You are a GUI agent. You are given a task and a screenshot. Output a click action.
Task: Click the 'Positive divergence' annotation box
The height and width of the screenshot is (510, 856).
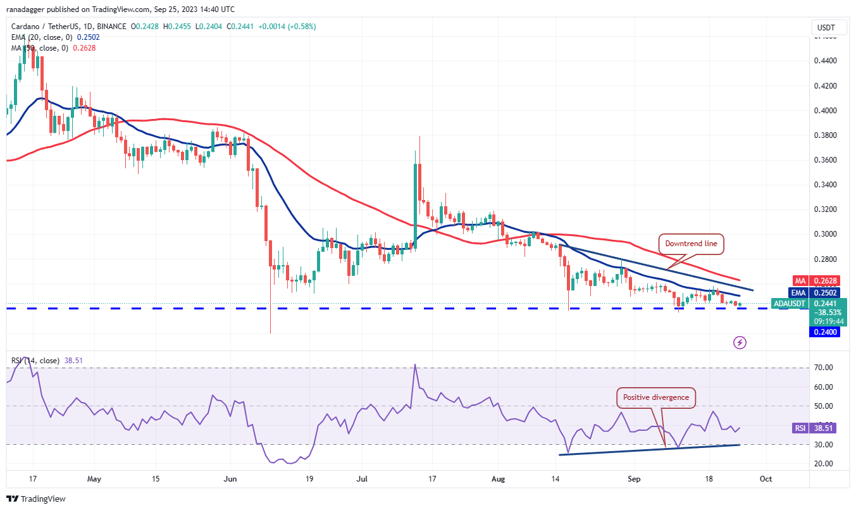tap(657, 397)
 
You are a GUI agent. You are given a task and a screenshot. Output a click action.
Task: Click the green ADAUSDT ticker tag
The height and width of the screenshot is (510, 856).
tap(790, 304)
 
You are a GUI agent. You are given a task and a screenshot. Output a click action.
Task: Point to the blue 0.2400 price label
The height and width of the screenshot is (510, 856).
tap(826, 332)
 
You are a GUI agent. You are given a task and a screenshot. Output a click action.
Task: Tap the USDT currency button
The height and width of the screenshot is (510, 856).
tap(826, 28)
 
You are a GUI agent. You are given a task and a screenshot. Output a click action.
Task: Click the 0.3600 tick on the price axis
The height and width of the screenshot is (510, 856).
tap(825, 159)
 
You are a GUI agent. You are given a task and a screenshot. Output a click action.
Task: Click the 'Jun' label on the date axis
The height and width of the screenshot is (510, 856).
tap(230, 479)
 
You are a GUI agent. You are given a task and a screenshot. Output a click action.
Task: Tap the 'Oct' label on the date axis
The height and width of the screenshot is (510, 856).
tap(765, 479)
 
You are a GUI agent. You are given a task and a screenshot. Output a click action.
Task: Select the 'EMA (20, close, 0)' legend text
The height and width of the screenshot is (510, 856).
tap(44, 37)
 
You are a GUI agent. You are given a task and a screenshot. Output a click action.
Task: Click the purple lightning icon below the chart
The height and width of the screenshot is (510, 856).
tap(740, 342)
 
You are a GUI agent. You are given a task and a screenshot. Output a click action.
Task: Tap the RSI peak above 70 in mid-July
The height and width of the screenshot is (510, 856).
tap(415, 364)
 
